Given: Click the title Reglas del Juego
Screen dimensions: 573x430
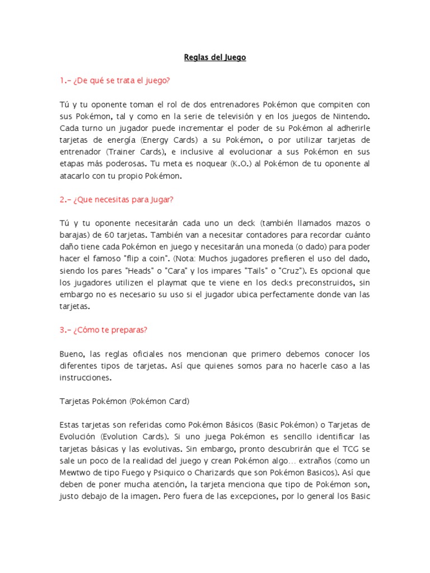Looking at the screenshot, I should point(215,57).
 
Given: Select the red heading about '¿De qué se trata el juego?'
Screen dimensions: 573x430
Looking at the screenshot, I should point(114,81).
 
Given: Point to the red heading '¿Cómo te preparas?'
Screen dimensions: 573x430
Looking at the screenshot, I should point(103,330).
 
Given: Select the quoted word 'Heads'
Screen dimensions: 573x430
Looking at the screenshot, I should point(169,270).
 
